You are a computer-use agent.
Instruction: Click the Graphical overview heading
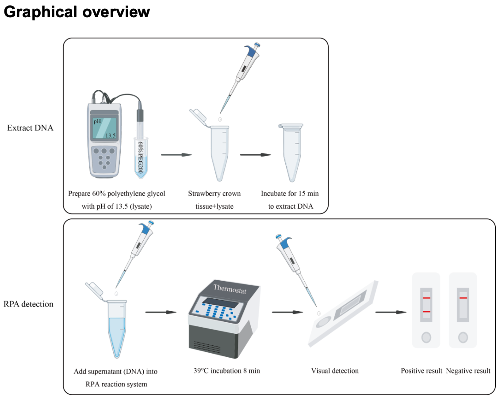pos(77,12)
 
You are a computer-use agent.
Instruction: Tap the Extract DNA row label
pos(30,128)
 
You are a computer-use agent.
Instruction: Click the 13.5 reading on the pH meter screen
pos(110,135)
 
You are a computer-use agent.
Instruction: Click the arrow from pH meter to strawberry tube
pos(176,155)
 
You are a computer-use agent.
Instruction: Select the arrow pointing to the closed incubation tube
pos(255,155)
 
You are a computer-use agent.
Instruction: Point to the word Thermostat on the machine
pos(229,288)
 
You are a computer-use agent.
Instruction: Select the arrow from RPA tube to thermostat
pos(161,312)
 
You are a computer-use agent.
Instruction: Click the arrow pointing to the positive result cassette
pos(391,312)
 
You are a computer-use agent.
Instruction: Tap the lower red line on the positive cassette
pos(426,312)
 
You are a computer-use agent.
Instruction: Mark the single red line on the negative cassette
pos(463,298)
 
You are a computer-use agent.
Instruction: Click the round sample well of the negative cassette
pos(463,338)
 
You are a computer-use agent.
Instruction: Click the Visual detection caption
pos(335,371)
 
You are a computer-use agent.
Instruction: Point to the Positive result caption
pos(421,371)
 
